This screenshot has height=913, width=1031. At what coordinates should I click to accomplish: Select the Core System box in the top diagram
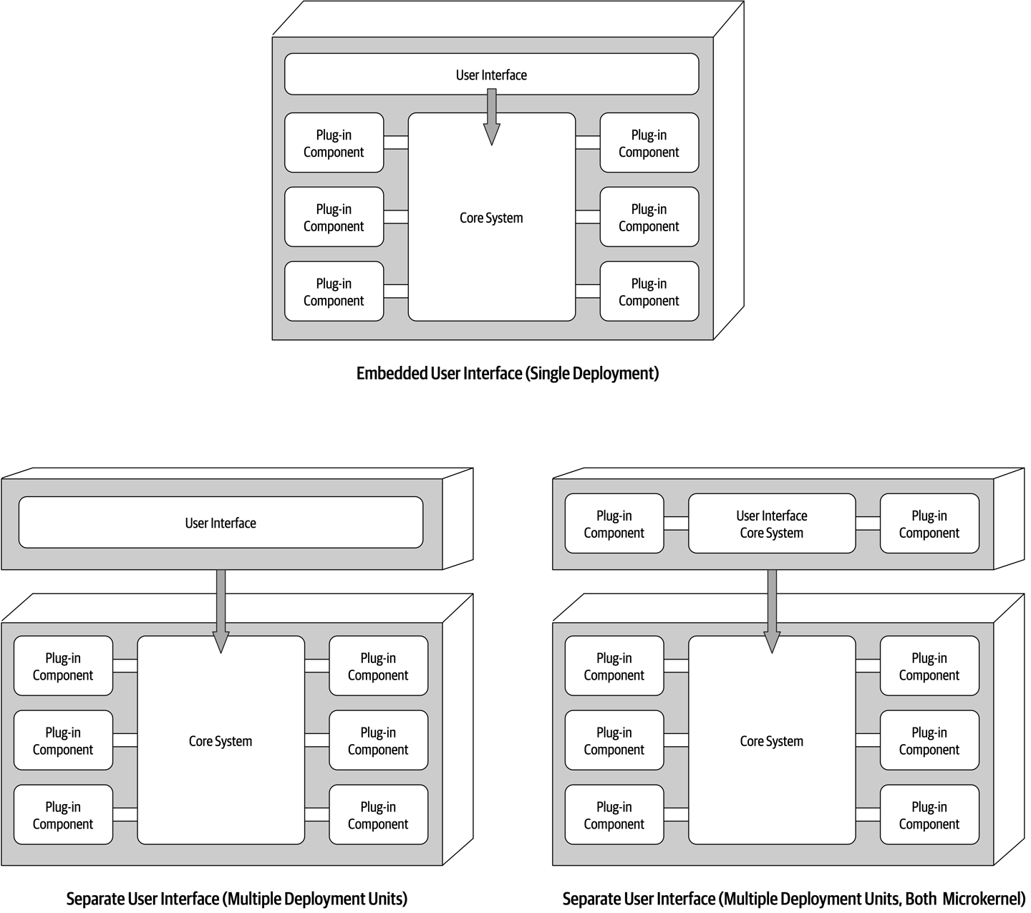tap(491, 236)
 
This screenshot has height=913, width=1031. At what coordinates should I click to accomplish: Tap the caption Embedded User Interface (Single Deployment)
tap(507, 373)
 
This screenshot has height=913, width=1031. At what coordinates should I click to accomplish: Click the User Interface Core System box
tap(772, 523)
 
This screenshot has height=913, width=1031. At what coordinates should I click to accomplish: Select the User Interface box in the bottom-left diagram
tap(221, 523)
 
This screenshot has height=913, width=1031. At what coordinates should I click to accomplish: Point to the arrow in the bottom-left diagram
tap(221, 609)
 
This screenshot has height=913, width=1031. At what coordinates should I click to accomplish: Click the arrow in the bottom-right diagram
tap(772, 609)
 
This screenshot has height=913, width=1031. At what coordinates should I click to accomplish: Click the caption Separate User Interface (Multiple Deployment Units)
tap(236, 899)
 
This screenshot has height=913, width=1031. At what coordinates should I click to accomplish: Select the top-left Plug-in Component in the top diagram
tap(334, 143)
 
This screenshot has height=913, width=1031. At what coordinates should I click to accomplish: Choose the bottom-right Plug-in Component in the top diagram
tap(649, 291)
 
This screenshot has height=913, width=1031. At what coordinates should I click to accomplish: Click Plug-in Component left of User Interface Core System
tap(614, 523)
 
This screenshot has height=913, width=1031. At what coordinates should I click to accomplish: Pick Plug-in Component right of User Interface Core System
tap(929, 523)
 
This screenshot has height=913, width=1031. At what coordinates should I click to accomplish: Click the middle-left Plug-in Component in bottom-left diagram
tap(63, 740)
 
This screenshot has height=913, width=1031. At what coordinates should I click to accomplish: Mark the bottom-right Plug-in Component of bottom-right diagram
tap(929, 815)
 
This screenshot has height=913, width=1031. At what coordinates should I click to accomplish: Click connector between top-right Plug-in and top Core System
tap(588, 142)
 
